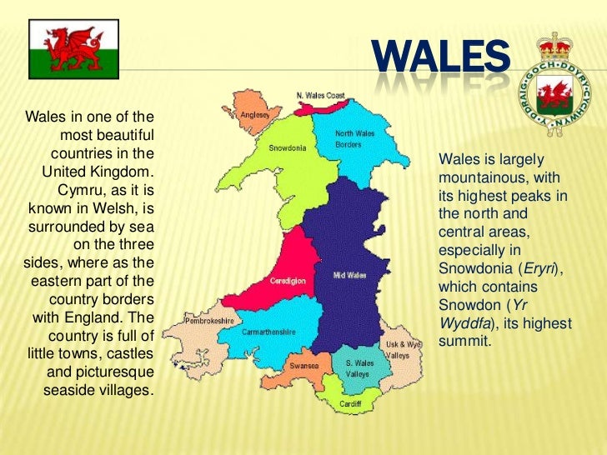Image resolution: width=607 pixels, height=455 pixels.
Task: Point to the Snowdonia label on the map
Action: (288, 148)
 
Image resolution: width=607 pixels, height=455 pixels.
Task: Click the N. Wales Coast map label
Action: (320, 96)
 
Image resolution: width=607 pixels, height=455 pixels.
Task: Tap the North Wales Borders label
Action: (354, 139)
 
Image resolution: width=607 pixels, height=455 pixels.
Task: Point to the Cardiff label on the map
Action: (350, 404)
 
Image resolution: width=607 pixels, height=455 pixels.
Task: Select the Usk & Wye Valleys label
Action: (403, 349)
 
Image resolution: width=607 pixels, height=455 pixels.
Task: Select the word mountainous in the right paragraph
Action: (475, 177)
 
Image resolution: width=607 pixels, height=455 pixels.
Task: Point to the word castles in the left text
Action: (129, 354)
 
